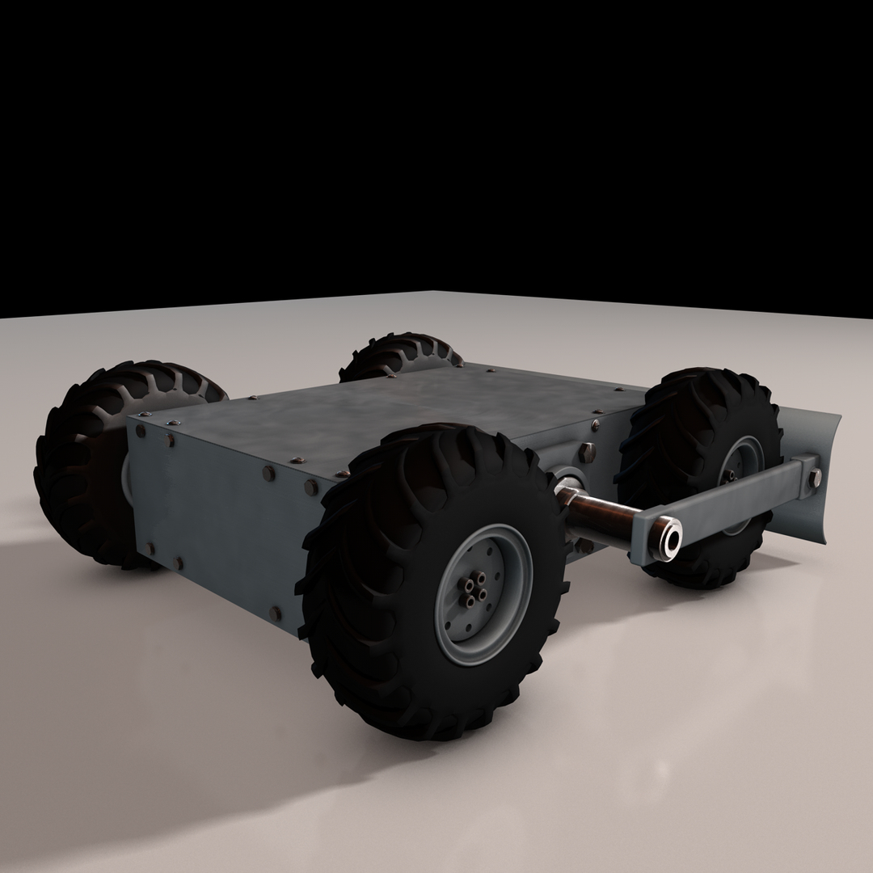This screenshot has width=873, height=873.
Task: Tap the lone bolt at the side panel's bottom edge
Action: pos(276,614)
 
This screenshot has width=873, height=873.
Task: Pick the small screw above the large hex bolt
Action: pos(596,424)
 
